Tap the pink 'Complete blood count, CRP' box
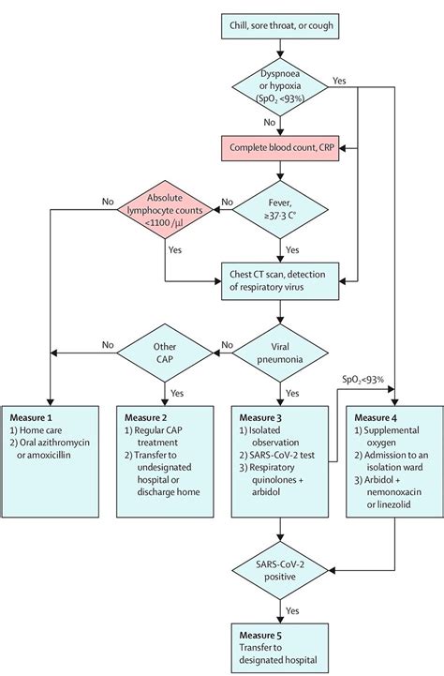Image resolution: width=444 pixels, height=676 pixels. [x=282, y=147]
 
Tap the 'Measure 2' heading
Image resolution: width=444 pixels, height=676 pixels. [x=147, y=415]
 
